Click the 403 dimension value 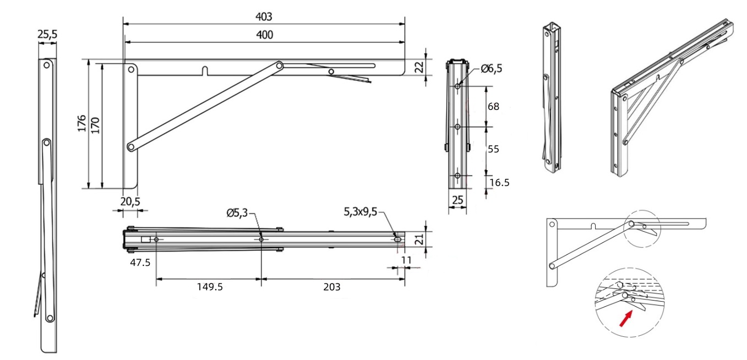[264, 17]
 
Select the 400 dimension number [264, 35]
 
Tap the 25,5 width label [47, 34]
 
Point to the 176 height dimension [82, 123]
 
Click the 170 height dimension [95, 126]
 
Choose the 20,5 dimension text [130, 201]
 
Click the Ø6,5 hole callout [491, 69]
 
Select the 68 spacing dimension [494, 107]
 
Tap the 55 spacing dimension [494, 149]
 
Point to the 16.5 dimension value [499, 183]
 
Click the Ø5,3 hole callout [237, 212]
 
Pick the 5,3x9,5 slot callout [361, 212]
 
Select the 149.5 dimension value [210, 287]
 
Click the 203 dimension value [332, 287]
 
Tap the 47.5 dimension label [140, 263]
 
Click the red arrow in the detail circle [626, 319]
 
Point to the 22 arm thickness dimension [420, 67]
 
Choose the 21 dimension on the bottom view [419, 239]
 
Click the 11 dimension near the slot [406, 260]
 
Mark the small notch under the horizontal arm [206, 72]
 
